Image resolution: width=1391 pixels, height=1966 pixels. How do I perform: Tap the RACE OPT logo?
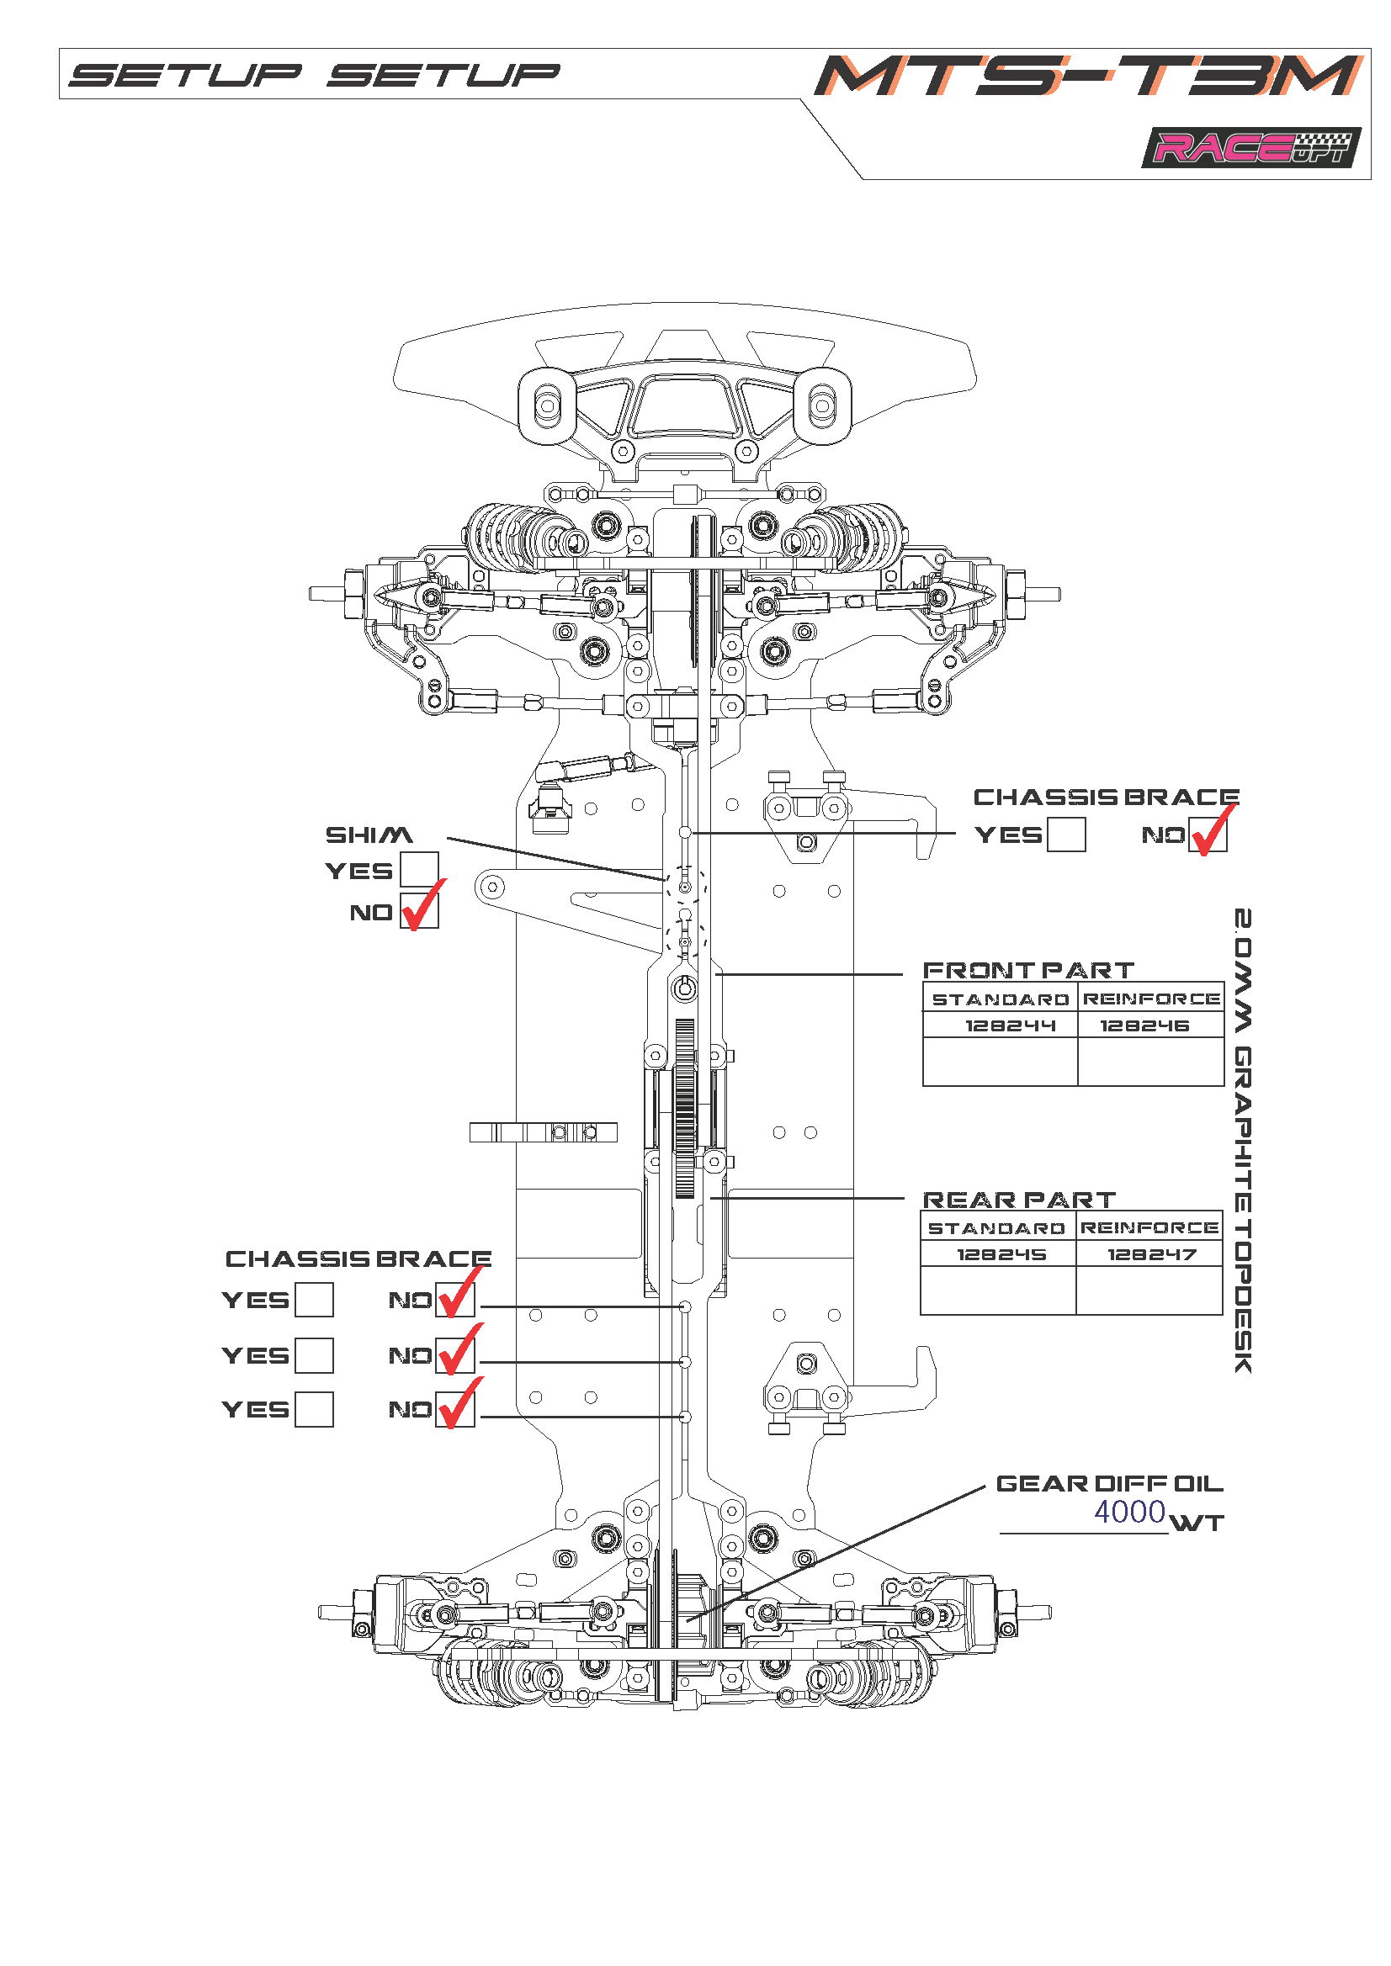[x=1250, y=148]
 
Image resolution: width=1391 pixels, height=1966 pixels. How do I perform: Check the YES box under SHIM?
[x=419, y=870]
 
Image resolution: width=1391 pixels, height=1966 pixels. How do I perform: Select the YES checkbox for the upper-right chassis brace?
[x=1066, y=835]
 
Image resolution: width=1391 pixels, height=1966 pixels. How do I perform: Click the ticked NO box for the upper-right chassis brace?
[x=1208, y=835]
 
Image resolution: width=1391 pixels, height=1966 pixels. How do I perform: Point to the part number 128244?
[x=999, y=1025]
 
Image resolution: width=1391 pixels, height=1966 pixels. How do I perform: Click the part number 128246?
[x=1144, y=1025]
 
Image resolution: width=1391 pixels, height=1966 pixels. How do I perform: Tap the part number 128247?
[x=1151, y=1254]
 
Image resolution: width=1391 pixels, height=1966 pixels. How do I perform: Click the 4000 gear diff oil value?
[x=1130, y=1513]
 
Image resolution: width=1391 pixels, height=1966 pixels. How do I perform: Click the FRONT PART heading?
[x=1027, y=970]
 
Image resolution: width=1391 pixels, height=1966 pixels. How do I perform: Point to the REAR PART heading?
[x=1019, y=1200]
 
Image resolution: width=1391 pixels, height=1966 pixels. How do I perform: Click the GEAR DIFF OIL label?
[x=1109, y=1484]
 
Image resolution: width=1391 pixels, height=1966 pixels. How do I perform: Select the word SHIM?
[x=369, y=835]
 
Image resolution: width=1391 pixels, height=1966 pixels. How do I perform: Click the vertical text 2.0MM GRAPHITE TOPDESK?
[x=1243, y=1140]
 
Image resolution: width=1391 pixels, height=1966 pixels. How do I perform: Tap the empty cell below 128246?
[x=1150, y=1062]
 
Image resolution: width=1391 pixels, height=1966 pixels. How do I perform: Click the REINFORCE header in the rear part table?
[x=1149, y=1228]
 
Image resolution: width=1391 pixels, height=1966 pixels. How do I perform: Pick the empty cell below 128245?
[x=998, y=1290]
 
